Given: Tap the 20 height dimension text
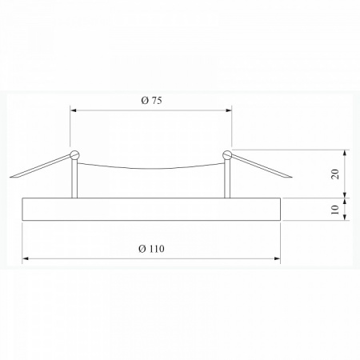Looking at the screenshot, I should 335,174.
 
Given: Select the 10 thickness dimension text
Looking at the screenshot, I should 335,209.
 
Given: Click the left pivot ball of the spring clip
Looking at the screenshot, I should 74,154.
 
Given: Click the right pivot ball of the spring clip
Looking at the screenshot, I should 227,154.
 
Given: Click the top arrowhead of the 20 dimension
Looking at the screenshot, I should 346,152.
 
